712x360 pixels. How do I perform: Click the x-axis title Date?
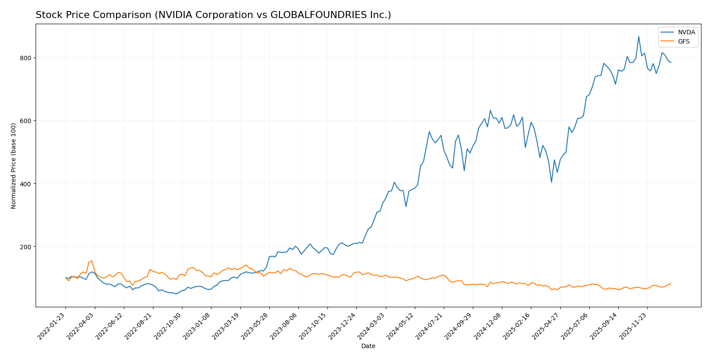(x=368, y=346)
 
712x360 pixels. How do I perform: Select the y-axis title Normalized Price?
(x=14, y=166)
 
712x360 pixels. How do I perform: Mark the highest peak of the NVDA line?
(x=639, y=36)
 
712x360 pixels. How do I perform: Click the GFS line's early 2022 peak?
(x=91, y=261)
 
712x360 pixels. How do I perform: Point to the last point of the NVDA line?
(x=671, y=63)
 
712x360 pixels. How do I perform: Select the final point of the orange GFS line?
(x=671, y=284)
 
